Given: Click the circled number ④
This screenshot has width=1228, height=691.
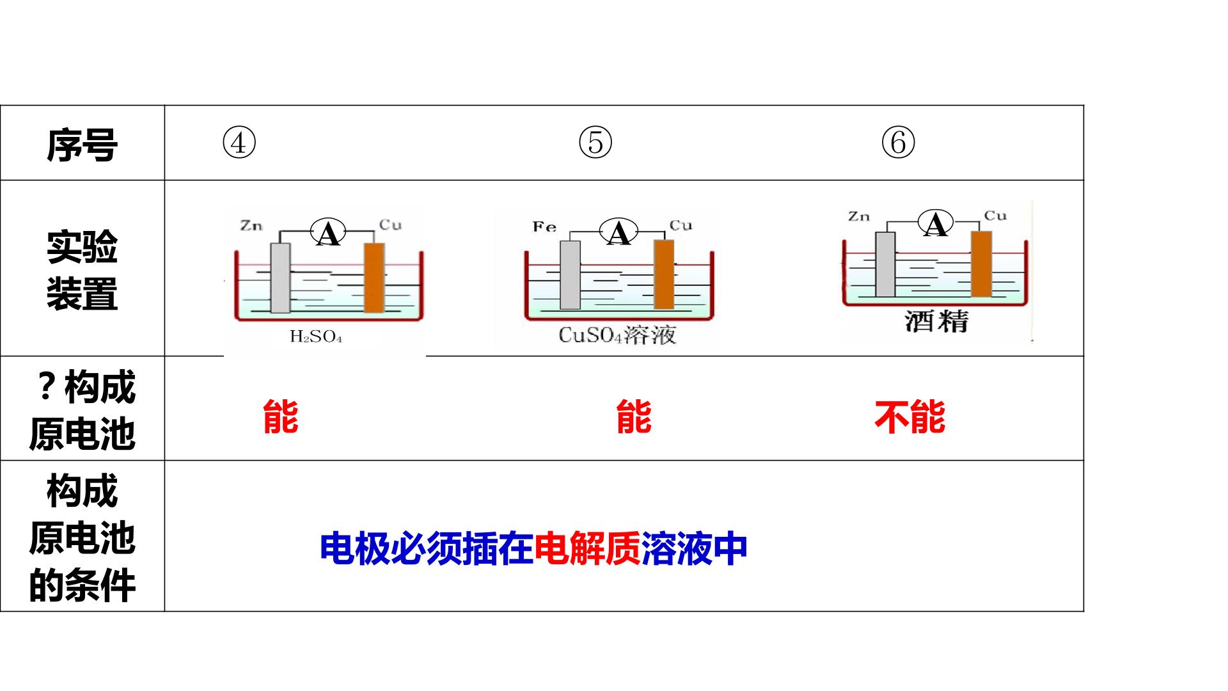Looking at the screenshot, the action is coord(239,143).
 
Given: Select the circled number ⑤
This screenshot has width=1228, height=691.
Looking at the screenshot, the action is coord(595,143).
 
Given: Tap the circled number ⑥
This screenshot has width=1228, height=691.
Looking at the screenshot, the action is coord(899,143).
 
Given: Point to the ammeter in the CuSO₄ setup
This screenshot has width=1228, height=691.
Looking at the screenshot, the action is coord(618,232).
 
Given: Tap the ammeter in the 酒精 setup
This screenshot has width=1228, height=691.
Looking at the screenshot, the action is coord(936,224).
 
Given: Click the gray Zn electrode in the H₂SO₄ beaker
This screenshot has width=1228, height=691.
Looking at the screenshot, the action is coord(280,278).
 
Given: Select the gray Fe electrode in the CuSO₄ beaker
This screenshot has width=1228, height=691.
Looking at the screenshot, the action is coord(570,274).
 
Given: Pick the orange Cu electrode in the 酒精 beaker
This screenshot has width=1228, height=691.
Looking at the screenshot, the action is coord(981,264).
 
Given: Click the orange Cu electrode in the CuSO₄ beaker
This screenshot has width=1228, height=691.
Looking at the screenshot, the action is coord(664,274).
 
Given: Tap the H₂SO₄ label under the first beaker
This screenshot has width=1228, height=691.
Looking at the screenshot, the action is coord(316,337).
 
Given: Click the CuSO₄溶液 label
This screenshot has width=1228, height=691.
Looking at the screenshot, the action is coord(617,335).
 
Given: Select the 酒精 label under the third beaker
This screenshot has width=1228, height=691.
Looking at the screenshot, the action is coord(937,321).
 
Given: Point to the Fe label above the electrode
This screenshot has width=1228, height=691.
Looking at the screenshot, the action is coord(544,227).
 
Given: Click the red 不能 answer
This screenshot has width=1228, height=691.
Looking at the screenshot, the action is coord(909,418).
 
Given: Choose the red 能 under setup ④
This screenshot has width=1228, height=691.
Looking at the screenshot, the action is coord(281,417).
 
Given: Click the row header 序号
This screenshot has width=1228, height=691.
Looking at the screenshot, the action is coord(82,145).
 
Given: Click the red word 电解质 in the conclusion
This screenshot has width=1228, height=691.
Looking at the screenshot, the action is coord(587,548).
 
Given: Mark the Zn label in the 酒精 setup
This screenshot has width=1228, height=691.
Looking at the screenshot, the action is coord(859,216).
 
